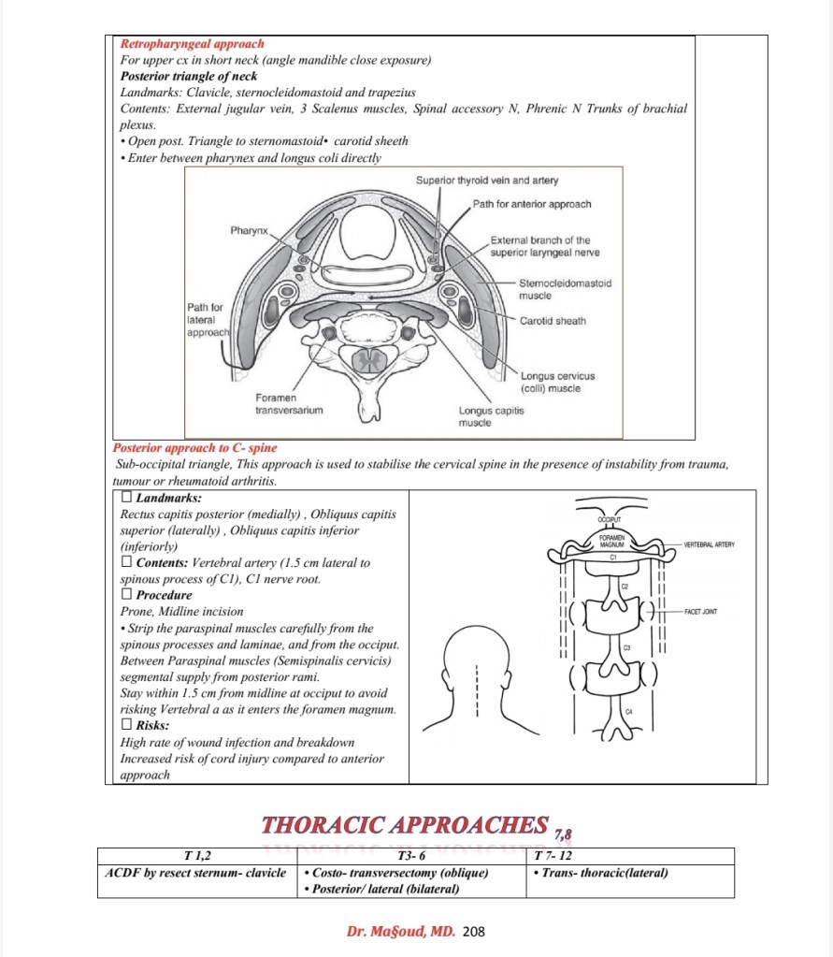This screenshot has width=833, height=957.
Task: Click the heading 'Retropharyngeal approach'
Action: click(x=192, y=44)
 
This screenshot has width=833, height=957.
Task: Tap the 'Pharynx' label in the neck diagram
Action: click(x=250, y=229)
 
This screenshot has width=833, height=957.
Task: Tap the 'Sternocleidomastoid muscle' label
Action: click(x=565, y=288)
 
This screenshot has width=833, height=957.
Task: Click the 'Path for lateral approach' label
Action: click(x=205, y=319)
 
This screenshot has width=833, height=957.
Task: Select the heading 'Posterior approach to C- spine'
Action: click(x=195, y=448)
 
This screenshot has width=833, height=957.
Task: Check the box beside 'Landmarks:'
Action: click(x=127, y=499)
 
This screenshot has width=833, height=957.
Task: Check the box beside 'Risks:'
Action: click(x=127, y=725)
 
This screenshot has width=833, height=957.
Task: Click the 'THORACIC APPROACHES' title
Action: click(x=405, y=825)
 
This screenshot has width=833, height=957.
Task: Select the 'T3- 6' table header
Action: click(x=411, y=856)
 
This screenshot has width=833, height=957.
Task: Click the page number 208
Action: click(x=474, y=932)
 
